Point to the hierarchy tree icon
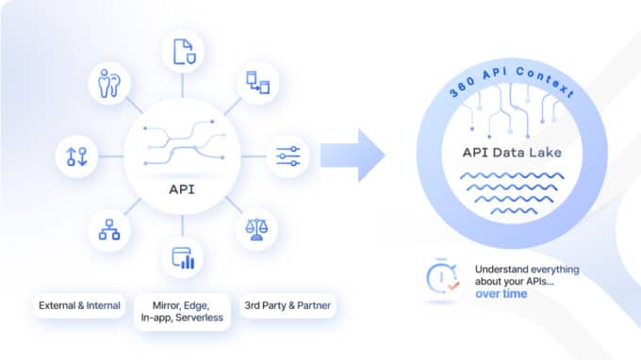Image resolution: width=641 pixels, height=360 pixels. pos(109,227)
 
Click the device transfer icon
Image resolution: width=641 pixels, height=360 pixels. pos(256,83)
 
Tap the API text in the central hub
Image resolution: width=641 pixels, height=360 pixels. pos(182,188)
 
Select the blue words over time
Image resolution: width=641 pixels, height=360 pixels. pos(501,295)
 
